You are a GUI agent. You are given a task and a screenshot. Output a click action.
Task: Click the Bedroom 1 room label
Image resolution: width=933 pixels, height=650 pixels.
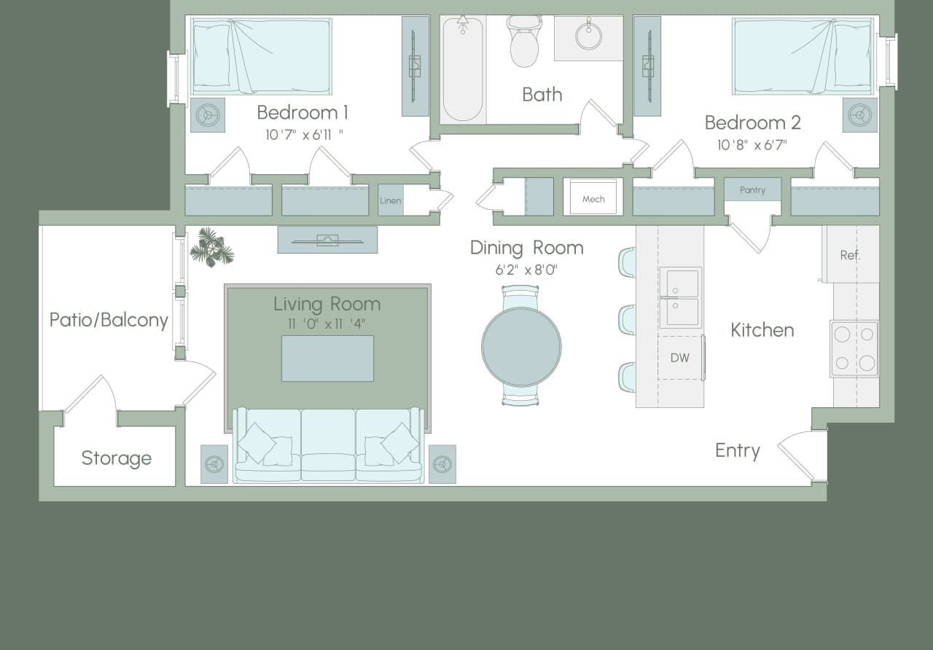pyautogui.click(x=302, y=113)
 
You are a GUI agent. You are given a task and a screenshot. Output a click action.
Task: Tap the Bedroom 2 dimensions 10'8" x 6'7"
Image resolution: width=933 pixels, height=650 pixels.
pyautogui.click(x=752, y=145)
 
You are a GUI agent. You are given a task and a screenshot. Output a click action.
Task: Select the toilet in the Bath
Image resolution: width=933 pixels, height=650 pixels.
pyautogui.click(x=523, y=44)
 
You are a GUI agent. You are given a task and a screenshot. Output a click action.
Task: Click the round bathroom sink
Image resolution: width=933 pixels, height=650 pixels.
pyautogui.click(x=588, y=35)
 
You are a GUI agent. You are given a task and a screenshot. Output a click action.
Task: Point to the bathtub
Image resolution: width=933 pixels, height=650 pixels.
pyautogui.click(x=463, y=69)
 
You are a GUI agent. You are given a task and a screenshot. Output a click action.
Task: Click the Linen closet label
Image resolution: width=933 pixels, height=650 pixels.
pyautogui.click(x=391, y=200)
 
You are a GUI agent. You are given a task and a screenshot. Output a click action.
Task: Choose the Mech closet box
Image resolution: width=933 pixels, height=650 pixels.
pyautogui.click(x=593, y=197)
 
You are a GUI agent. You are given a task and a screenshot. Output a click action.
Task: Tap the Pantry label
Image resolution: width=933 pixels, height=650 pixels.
pyautogui.click(x=752, y=190)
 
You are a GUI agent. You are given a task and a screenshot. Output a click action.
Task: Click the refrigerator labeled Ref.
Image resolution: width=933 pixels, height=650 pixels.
pyautogui.click(x=850, y=255)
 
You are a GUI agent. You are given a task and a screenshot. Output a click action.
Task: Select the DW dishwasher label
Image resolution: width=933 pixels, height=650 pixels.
pyautogui.click(x=679, y=358)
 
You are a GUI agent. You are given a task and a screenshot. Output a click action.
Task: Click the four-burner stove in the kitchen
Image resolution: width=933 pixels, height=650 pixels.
pyautogui.click(x=854, y=348)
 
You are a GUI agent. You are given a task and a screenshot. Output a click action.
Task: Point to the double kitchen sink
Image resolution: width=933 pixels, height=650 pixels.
pyautogui.click(x=680, y=297)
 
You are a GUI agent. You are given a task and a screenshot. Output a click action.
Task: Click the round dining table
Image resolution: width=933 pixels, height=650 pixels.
pyautogui.click(x=521, y=345)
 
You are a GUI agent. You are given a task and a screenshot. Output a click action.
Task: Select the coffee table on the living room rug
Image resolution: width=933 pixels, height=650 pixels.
pyautogui.click(x=327, y=358)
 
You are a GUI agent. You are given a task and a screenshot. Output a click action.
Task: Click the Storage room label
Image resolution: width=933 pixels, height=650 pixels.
pyautogui.click(x=117, y=458)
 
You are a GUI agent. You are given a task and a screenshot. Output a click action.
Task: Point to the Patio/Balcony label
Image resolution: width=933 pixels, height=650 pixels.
pyautogui.click(x=109, y=320)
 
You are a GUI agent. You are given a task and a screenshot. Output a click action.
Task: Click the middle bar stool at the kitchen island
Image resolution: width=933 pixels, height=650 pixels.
pyautogui.click(x=628, y=320)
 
